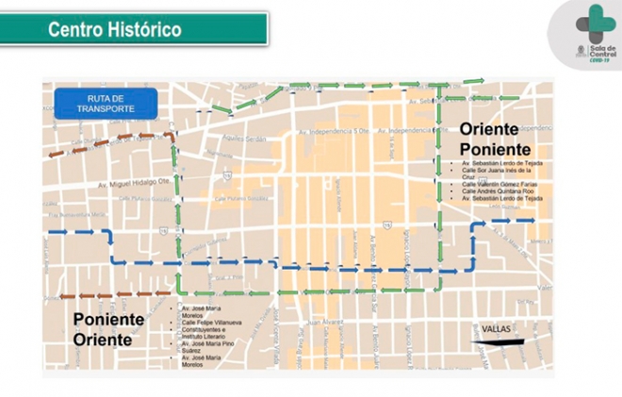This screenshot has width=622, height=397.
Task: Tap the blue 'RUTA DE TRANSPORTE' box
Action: point(105,103)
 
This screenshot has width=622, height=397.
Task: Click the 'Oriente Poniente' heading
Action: point(490,140)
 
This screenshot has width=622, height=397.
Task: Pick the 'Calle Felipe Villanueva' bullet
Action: point(201,321)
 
